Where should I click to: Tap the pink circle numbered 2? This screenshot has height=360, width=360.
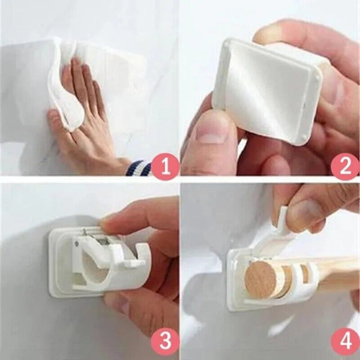click(x=344, y=164)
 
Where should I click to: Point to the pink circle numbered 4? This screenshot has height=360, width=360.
click(x=344, y=343)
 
